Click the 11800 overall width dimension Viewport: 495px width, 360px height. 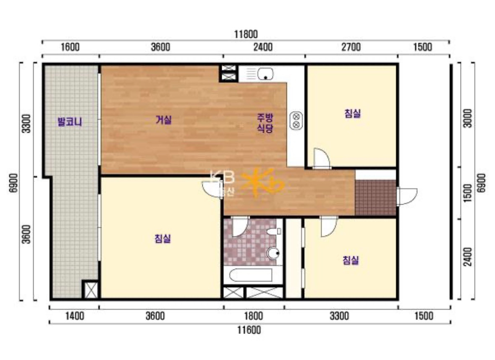tap(246, 34)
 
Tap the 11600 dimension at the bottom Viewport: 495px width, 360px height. tap(249, 330)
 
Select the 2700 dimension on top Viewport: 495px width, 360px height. tap(351, 47)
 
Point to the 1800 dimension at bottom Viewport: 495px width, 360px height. tap(254, 316)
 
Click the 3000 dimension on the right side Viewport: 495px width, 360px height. tap(468, 118)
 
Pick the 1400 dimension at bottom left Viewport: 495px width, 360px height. tap(74, 316)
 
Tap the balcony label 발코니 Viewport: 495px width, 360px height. tap(70, 121)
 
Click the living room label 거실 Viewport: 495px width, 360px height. tap(163, 120)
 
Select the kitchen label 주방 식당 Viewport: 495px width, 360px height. tap(265, 123)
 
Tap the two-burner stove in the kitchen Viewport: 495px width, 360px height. tap(296, 121)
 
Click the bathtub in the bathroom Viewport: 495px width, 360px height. tap(251, 275)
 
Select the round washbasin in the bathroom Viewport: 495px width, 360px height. tap(273, 253)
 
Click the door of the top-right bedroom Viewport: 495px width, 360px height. tap(322, 158)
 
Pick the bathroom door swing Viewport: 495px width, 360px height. tap(240, 226)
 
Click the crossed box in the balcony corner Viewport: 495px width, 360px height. tap(91, 290)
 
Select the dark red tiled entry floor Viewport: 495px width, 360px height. tap(376, 198)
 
